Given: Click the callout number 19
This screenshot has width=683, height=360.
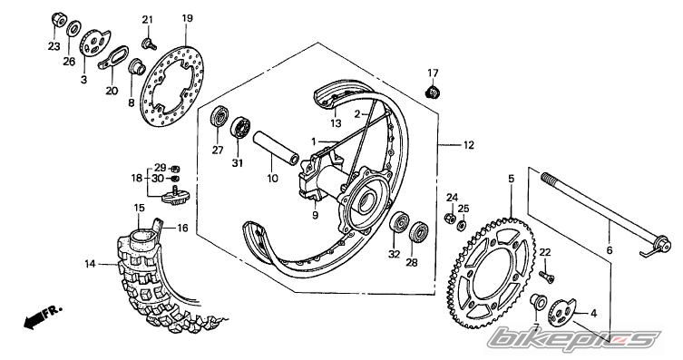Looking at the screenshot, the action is coord(187,18).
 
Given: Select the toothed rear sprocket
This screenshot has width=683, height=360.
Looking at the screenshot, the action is coord(492,272).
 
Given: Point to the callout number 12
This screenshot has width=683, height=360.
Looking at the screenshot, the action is coord(468,145).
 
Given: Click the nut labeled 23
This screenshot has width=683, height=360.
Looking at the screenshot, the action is coord(58,19).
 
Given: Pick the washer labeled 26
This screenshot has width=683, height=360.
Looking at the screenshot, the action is coord(73,29).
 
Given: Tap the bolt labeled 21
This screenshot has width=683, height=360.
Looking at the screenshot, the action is coord(149,44).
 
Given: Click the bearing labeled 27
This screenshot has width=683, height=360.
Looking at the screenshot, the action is coord(220,116).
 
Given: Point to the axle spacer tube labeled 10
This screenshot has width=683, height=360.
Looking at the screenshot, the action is coord(276,148).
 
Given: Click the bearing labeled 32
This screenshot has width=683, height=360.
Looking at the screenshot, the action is coord(398,223).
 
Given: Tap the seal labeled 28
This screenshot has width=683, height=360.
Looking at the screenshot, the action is coord(419,231).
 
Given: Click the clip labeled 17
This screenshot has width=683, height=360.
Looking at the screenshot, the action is coord(432,92).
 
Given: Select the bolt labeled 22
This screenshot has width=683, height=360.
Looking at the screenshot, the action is coord(547,277).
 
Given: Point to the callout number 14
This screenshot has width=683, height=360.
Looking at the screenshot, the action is coord(90,264).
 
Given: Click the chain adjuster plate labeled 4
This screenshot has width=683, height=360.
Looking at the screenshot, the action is coord(561,313).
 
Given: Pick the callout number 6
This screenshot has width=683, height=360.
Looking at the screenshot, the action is coord(609,250).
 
